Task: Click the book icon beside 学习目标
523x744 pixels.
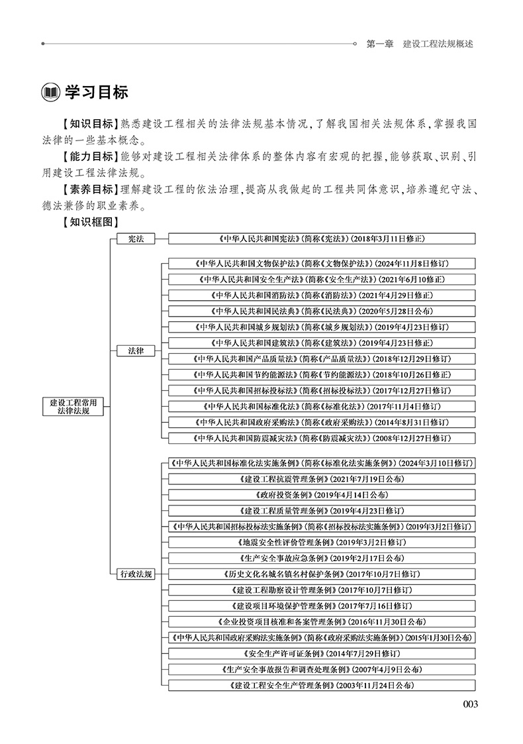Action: pyautogui.click(x=50, y=92)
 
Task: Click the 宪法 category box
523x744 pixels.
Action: pyautogui.click(x=135, y=239)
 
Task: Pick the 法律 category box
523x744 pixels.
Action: pyautogui.click(x=135, y=350)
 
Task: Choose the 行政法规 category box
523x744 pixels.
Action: pyautogui.click(x=135, y=574)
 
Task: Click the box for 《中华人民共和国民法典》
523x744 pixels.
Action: pyautogui.click(x=322, y=311)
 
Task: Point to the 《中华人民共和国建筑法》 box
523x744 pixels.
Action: pyautogui.click(x=322, y=343)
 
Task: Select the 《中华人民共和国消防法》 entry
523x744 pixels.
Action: pyautogui.click(x=322, y=295)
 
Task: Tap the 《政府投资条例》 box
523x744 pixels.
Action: pyautogui.click(x=322, y=494)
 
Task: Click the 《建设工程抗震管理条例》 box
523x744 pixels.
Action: pyautogui.click(x=322, y=478)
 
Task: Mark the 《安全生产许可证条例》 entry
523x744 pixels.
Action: pyautogui.click(x=322, y=653)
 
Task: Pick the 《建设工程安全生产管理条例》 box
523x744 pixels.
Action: pyautogui.click(x=322, y=685)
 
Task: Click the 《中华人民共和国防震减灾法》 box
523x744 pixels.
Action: pyautogui.click(x=322, y=438)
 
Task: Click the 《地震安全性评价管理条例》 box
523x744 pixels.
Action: pyautogui.click(x=322, y=542)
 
